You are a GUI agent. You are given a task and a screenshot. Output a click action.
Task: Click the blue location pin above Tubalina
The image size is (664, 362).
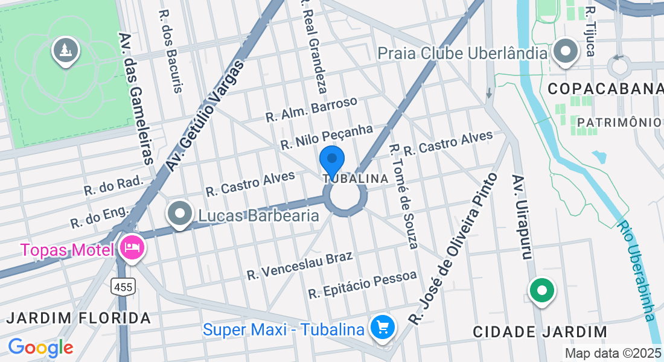coord(331,160)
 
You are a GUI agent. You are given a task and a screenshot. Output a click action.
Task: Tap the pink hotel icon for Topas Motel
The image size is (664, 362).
coord(130,248)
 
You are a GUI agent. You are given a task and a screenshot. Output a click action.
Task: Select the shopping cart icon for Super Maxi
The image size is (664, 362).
coord(382,328)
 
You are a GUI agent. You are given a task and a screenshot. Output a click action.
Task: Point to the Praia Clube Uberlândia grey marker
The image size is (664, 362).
coord(566,51)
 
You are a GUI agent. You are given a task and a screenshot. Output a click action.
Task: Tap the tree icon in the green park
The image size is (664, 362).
coord(66,51)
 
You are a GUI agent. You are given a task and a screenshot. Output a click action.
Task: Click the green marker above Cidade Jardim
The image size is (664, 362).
coord(541,291)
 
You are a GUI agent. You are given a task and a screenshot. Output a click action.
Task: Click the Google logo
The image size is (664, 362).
coord(40,348)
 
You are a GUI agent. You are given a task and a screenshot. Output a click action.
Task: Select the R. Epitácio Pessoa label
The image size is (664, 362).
coord(362,285)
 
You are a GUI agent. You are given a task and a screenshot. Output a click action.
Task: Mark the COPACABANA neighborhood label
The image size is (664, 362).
coord(605,89)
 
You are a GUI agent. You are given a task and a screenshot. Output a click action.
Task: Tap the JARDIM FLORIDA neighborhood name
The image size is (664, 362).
coord(78,317)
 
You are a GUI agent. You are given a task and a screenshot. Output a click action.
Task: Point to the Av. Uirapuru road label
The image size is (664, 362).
coord(522,217)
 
